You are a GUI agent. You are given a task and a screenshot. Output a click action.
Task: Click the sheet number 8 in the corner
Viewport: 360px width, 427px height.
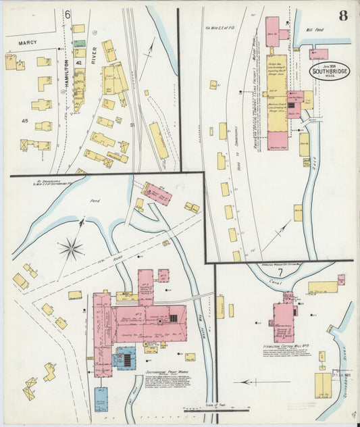coord(343,16)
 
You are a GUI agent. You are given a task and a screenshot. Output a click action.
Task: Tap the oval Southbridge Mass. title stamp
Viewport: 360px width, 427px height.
coord(330,70)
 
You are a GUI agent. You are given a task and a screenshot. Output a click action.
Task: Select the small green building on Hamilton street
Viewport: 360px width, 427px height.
coord(80,43)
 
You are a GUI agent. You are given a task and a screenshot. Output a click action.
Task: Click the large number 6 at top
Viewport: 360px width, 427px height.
coord(68,14)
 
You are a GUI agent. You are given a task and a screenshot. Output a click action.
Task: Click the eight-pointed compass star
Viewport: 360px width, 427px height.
coord(70,249)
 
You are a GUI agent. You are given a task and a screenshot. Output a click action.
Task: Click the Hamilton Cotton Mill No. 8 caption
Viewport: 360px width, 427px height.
coord(282,346)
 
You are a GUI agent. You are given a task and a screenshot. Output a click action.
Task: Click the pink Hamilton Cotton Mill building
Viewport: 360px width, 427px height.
coord(284,321)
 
